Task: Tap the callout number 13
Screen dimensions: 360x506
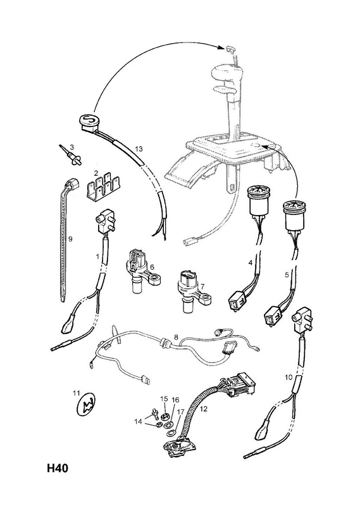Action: [x=139, y=149]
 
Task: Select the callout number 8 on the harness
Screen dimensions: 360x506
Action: [x=176, y=337]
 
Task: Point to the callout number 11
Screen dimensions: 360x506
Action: [x=76, y=393]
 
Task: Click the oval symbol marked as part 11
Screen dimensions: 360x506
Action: [x=87, y=407]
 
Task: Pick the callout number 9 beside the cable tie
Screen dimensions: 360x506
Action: [x=70, y=239]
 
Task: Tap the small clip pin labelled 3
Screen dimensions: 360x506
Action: [x=71, y=156]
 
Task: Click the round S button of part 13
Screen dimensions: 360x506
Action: [x=89, y=121]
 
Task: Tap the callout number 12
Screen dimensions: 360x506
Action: [x=203, y=409]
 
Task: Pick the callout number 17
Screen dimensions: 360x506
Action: [x=180, y=412]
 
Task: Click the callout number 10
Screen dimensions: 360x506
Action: [x=289, y=376]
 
